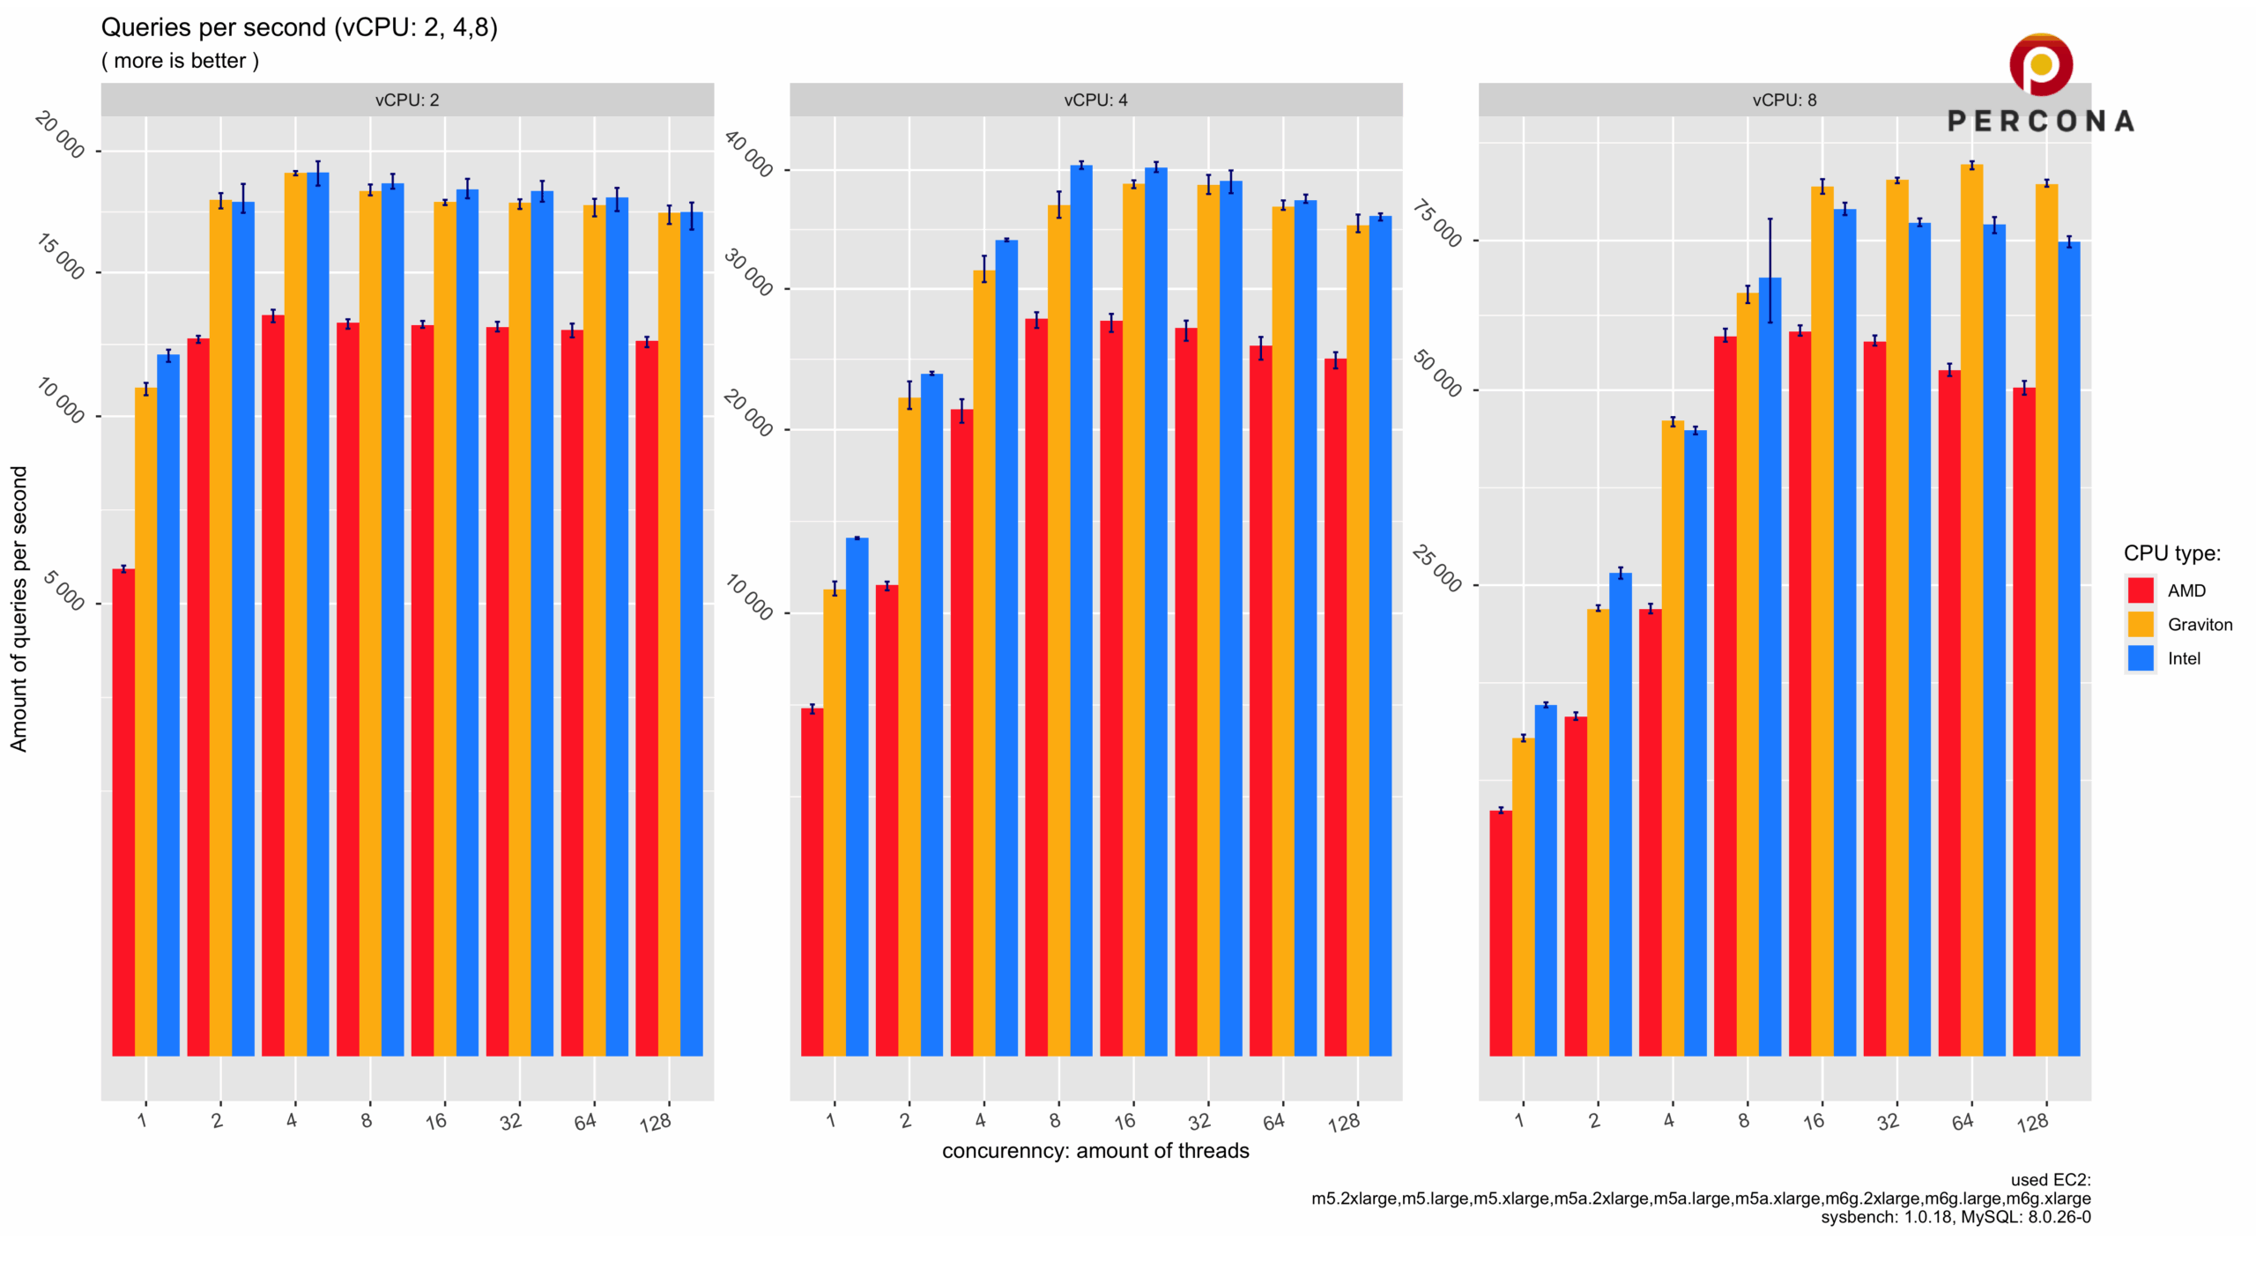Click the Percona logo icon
point(2040,64)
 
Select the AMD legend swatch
point(2141,590)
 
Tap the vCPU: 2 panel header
point(407,100)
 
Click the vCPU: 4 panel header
point(1095,100)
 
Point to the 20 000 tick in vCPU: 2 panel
point(60,135)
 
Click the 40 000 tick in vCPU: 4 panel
point(748,153)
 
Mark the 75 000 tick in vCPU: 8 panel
point(1437,224)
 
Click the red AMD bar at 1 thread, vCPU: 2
point(123,813)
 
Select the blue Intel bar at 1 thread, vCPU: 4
point(857,797)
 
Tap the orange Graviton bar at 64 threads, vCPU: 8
point(1971,610)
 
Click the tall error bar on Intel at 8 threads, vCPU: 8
point(1770,271)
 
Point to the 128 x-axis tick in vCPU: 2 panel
point(656,1123)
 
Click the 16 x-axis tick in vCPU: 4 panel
point(1124,1121)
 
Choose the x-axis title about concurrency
point(1095,1151)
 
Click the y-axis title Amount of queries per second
point(19,609)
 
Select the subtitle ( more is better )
point(180,61)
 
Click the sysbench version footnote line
point(1955,1217)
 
